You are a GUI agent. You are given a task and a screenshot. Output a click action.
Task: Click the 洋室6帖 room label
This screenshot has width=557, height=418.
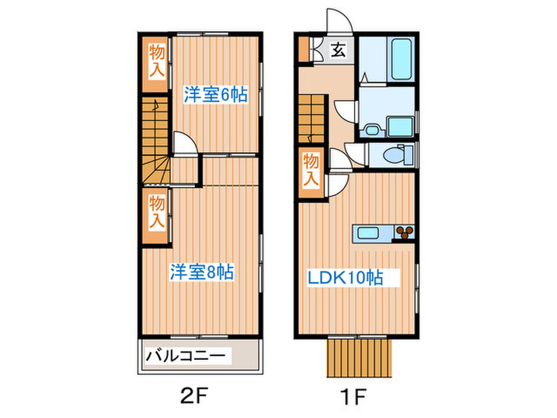pos(216,95)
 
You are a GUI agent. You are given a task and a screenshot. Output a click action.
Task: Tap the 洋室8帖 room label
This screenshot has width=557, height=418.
pos(201,272)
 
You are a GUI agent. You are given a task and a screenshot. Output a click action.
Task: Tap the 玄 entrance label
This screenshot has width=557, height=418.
pos(337,51)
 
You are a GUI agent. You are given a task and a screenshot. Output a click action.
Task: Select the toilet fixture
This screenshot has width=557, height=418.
pos(392,155)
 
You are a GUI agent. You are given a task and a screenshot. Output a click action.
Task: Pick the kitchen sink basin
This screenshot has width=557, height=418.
pos(368,233)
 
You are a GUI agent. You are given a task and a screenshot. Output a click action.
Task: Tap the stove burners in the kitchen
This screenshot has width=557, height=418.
pos(405,233)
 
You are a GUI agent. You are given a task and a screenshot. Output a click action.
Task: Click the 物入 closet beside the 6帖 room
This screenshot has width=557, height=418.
pos(158,62)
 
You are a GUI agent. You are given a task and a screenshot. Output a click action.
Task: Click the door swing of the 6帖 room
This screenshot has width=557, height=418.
pos(185,143)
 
